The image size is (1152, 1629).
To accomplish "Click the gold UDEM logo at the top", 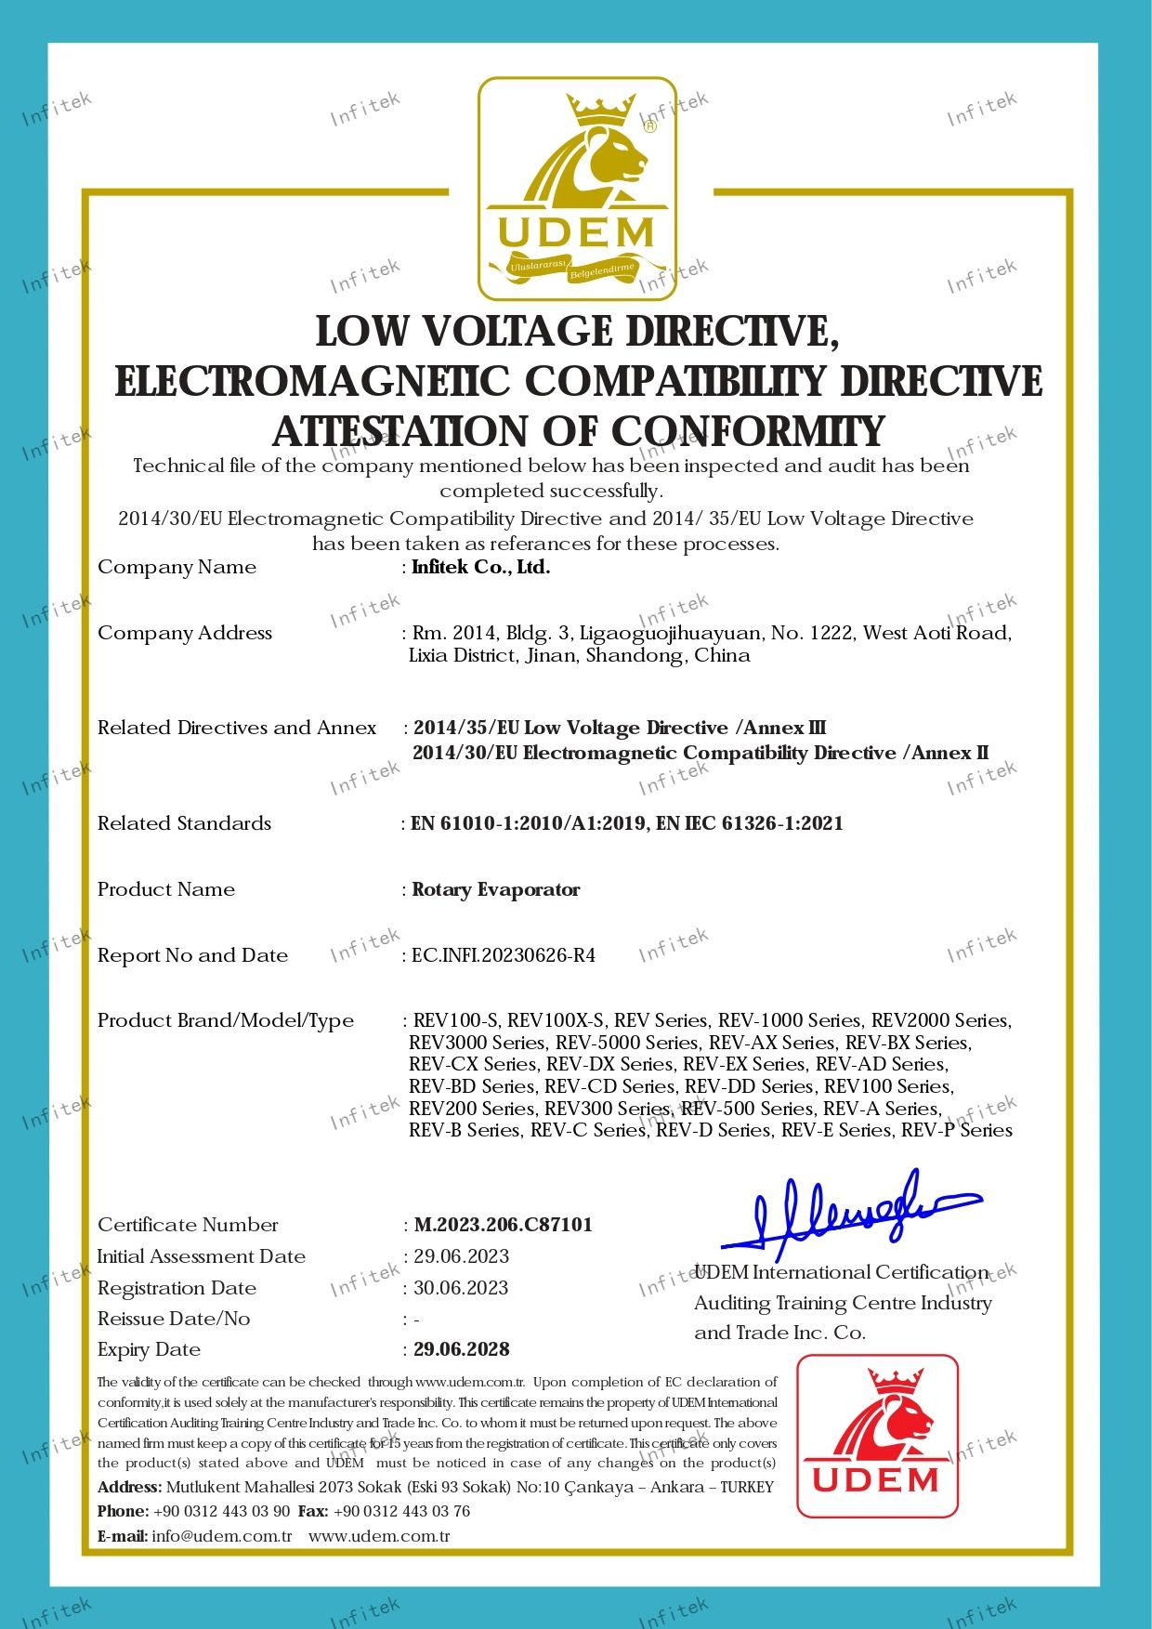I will tap(577, 189).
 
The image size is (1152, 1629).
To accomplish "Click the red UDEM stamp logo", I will tap(877, 1436).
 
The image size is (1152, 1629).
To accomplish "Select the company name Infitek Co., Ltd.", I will tap(481, 568).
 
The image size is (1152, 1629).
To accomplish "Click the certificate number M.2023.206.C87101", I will tap(503, 1225).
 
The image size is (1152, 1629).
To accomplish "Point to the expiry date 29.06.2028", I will tap(462, 1349).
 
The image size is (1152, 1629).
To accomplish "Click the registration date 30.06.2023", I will tap(461, 1288).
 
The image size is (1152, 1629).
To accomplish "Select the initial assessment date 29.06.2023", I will tap(461, 1256).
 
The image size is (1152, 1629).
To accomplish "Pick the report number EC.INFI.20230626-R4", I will tap(504, 955).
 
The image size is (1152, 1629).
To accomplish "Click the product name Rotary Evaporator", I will tap(496, 890).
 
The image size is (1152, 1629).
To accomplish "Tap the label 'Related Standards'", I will tap(184, 823).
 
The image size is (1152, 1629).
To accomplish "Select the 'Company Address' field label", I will tap(185, 633).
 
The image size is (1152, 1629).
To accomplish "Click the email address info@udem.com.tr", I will tap(222, 1536).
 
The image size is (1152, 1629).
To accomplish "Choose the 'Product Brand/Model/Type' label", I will tap(226, 1020).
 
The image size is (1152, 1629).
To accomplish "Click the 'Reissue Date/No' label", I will tap(174, 1319).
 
